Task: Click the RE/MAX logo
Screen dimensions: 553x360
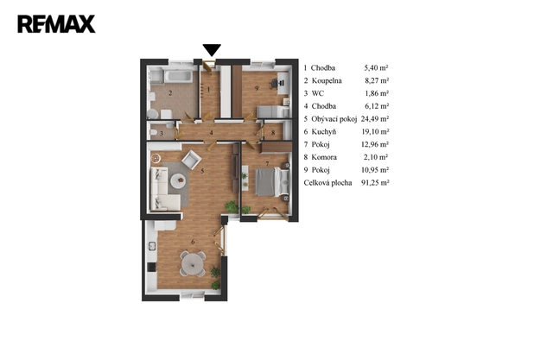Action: [x=56, y=24]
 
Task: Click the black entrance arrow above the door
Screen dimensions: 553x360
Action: [x=212, y=50]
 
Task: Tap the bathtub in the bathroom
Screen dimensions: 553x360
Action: [x=178, y=77]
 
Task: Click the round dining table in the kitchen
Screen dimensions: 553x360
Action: [x=193, y=262]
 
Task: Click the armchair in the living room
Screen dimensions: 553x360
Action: [x=191, y=160]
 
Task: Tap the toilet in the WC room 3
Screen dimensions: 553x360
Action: [x=154, y=133]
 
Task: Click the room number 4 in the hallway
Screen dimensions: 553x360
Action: [x=211, y=133]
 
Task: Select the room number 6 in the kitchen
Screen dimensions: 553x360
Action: [x=193, y=242]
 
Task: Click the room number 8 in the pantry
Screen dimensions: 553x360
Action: [x=273, y=133]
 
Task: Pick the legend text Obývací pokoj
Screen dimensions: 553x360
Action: [x=334, y=119]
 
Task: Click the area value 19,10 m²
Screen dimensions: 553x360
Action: [x=375, y=132]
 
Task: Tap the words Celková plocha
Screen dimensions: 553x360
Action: [x=327, y=182]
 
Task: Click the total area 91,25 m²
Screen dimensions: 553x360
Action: [x=375, y=182]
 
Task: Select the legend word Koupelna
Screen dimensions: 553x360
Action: [x=327, y=80]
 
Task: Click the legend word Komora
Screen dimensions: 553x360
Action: [x=324, y=157]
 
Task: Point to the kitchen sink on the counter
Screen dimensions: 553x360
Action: [x=152, y=246]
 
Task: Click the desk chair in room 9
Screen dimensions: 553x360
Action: [x=274, y=84]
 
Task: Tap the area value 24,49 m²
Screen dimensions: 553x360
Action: [x=375, y=119]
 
